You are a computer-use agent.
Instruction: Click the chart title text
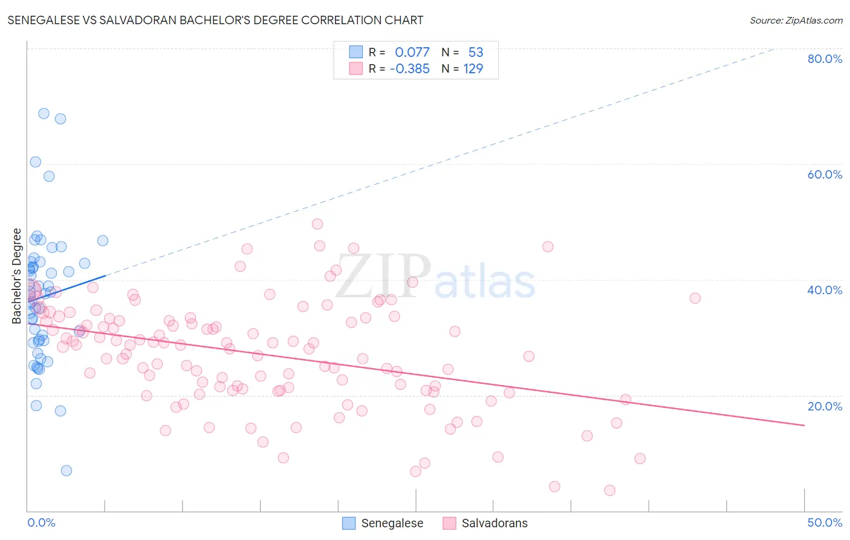point(215,20)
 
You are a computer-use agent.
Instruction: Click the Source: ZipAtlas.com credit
point(796,20)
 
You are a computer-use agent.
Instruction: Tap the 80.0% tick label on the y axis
point(824,59)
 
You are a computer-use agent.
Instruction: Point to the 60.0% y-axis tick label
point(824,174)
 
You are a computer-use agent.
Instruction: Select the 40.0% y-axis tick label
point(824,290)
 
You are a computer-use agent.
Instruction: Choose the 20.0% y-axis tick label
point(824,406)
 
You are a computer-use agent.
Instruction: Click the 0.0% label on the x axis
point(41,522)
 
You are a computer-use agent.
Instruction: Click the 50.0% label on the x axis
point(824,522)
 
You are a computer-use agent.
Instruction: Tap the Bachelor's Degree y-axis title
point(17,276)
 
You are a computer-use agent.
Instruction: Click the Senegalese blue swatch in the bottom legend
point(349,523)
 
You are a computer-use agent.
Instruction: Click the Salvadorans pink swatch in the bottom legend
point(449,523)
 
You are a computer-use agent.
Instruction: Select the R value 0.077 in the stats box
point(412,53)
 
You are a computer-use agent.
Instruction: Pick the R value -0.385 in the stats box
point(409,69)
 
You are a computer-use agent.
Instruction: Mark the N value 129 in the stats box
point(473,69)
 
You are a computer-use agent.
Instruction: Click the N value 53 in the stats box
point(476,53)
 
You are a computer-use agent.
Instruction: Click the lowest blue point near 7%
point(67,470)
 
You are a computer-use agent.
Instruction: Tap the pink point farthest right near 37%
point(695,298)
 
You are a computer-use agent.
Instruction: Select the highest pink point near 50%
point(317,224)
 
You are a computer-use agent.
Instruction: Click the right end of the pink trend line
point(804,426)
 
